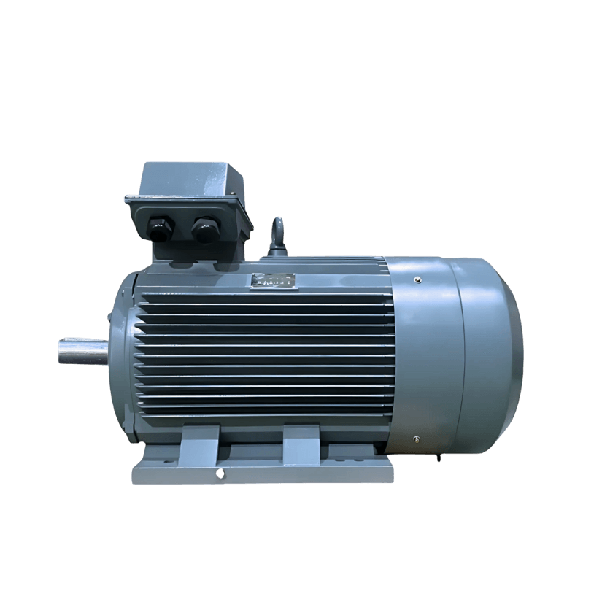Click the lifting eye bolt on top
coord(277,235)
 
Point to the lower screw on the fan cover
coord(415,439)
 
